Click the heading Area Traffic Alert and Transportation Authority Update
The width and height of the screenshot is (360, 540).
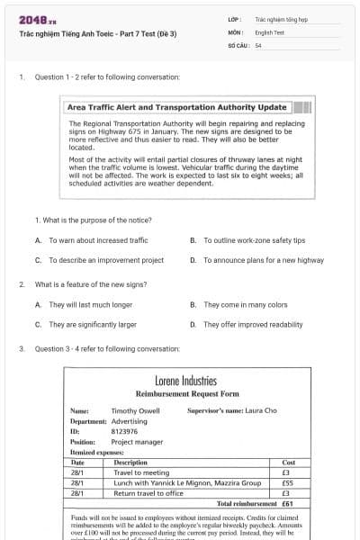click(177, 107)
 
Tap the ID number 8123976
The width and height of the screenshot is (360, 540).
click(125, 431)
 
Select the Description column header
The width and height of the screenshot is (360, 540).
click(130, 463)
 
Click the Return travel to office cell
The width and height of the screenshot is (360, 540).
click(148, 493)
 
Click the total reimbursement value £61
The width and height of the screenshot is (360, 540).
click(287, 504)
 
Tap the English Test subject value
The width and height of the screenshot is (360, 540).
click(270, 31)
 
